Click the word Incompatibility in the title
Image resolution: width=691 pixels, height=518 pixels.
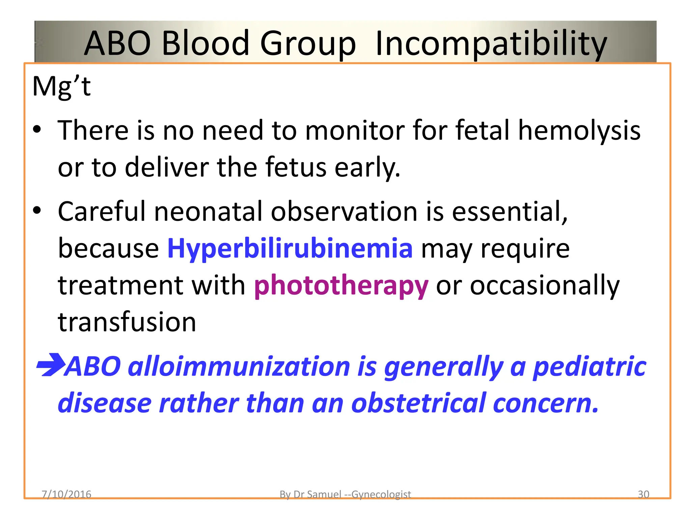[491, 44]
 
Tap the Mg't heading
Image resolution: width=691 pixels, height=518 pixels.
[61, 86]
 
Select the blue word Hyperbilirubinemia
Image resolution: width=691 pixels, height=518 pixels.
[290, 249]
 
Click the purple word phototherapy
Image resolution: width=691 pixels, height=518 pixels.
[341, 286]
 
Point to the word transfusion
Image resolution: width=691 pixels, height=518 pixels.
[127, 322]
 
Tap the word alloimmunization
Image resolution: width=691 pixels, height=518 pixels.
[239, 367]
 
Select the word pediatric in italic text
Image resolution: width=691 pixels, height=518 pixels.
[589, 367]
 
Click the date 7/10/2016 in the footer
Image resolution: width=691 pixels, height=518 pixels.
[66, 494]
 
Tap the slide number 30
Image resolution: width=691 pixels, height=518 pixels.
[643, 494]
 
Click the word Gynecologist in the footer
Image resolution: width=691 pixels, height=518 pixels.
[381, 494]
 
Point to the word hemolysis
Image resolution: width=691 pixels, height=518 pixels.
[579, 131]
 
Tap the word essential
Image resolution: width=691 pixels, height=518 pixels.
[509, 212]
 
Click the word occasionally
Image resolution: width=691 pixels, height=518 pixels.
[545, 286]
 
